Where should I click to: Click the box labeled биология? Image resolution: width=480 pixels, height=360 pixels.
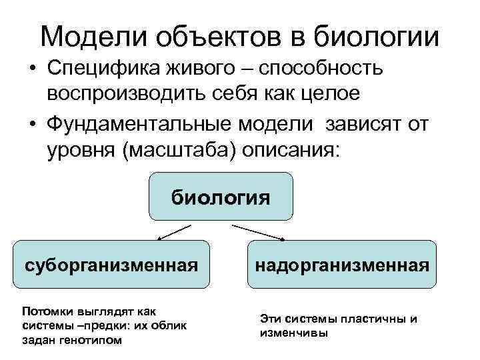click(221, 197)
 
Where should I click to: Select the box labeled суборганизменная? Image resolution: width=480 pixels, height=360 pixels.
click(112, 265)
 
